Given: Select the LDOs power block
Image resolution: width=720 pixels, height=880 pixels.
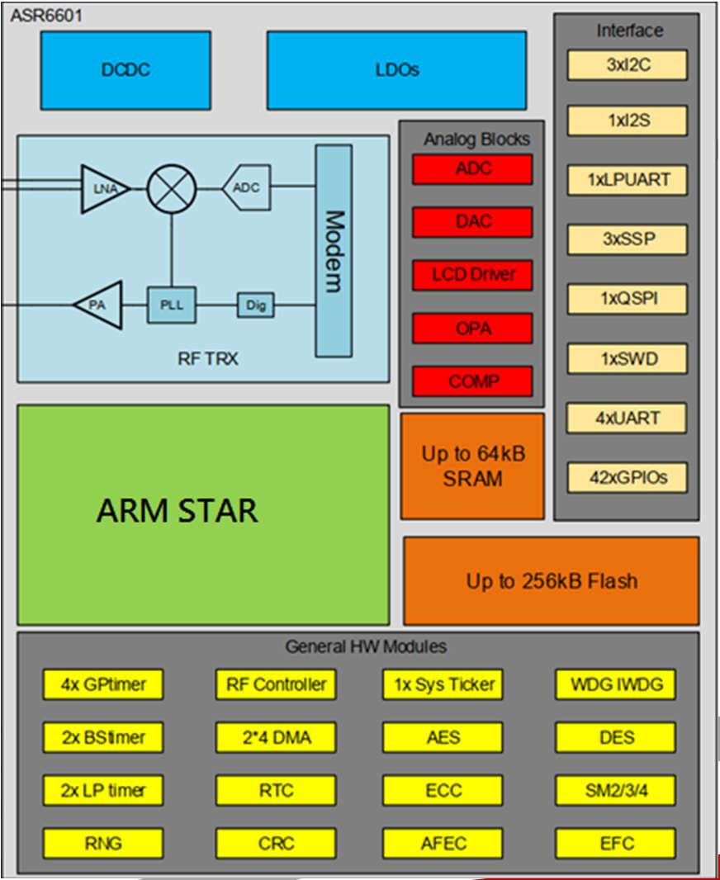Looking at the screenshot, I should coord(396,70).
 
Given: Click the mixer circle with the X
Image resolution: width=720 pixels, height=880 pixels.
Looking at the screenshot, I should coord(171,187).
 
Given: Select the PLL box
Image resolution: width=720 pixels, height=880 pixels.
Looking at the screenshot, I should coord(171,305).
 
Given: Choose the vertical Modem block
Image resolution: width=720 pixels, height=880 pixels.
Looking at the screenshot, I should coord(334,251).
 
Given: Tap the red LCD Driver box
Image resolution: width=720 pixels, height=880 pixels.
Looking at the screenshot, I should coord(472,275).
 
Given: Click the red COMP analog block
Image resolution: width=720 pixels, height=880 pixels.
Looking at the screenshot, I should coord(472,381).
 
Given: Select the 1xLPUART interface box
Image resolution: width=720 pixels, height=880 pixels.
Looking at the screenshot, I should coord(627,179).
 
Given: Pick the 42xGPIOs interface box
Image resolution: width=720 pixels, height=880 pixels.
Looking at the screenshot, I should coord(627,476).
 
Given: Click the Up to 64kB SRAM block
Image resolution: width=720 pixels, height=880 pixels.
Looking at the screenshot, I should coord(472,466).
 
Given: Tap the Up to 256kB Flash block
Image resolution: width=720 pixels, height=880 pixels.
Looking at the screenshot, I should coord(551,581).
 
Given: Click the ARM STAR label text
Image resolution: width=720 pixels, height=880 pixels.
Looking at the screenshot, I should coord(177,511).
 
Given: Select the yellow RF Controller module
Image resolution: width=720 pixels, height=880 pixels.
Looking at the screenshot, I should coord(276,684).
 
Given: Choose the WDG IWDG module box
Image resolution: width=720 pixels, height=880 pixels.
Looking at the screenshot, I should coord(615,684).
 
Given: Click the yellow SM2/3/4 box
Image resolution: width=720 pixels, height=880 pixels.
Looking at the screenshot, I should coord(615,791).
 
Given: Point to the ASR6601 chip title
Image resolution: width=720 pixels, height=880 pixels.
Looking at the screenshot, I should coord(46,15).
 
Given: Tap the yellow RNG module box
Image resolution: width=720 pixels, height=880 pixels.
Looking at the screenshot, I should coord(103,843).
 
